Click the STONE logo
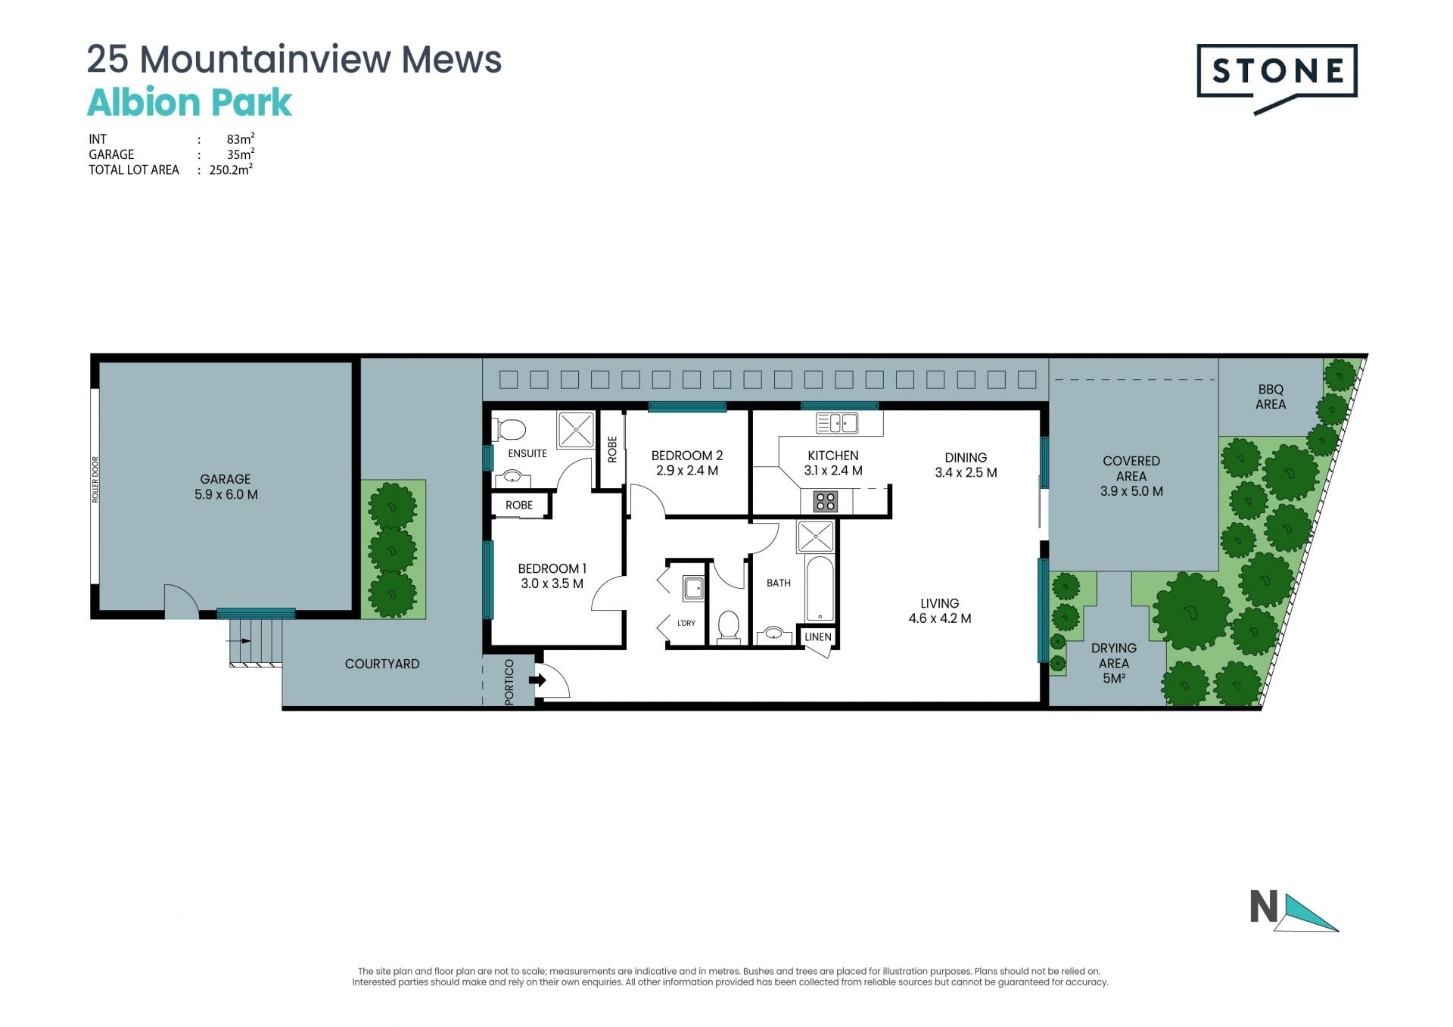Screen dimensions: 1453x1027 pyautogui.click(x=1277, y=79)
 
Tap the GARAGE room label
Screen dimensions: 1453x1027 pyautogui.click(x=226, y=479)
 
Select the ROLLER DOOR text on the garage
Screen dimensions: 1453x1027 pyautogui.click(x=95, y=480)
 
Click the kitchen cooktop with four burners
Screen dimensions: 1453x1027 pyautogui.click(x=826, y=501)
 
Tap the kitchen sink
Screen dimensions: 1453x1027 pyautogui.click(x=837, y=422)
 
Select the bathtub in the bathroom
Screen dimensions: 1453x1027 pyautogui.click(x=820, y=589)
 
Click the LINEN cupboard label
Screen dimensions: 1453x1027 pyautogui.click(x=818, y=637)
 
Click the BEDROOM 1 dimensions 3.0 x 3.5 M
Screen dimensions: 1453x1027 pyautogui.click(x=552, y=584)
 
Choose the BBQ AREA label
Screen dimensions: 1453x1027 pyautogui.click(x=1271, y=397)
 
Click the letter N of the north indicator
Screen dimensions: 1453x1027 pyautogui.click(x=1264, y=907)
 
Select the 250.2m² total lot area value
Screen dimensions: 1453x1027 pyautogui.click(x=231, y=170)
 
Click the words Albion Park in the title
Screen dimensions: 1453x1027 pyautogui.click(x=189, y=103)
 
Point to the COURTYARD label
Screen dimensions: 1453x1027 pyautogui.click(x=382, y=664)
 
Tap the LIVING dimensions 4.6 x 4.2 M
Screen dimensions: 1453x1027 pyautogui.click(x=940, y=618)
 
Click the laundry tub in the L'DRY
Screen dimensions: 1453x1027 pyautogui.click(x=693, y=588)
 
